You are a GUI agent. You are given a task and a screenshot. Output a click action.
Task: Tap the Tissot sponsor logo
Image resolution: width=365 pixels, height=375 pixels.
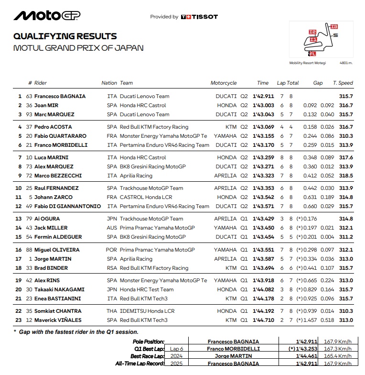tap(199, 17)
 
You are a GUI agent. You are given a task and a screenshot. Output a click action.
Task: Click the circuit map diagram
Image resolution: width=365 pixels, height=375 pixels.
tap(321, 39)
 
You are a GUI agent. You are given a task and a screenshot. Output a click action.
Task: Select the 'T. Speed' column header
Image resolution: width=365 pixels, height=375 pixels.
tap(343, 83)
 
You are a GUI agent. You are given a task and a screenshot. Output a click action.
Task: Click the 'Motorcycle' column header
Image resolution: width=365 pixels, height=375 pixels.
tap(224, 83)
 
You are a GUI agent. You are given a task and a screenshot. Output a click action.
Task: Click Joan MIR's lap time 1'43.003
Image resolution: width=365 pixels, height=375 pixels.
tap(264, 105)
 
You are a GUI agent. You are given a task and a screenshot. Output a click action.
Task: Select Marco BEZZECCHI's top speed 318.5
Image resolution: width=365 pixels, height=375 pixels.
tap(346, 176)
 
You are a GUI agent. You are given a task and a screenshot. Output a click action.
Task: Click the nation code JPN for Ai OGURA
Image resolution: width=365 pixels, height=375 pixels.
tap(112, 219)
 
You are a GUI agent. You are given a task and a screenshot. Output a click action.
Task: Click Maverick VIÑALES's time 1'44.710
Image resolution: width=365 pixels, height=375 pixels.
tap(264, 320)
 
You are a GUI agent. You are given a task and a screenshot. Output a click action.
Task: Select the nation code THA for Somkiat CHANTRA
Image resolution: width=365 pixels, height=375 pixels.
tap(112, 311)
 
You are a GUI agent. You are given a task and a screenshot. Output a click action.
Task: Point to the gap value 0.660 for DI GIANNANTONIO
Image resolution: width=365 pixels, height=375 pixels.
tap(310, 206)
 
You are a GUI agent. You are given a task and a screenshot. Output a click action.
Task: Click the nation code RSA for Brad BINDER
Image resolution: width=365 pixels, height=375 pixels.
tap(112, 268)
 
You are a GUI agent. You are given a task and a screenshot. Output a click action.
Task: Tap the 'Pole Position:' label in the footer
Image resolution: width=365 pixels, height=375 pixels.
tap(148, 342)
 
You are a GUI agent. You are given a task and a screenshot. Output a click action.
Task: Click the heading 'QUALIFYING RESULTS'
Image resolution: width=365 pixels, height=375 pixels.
tap(65, 36)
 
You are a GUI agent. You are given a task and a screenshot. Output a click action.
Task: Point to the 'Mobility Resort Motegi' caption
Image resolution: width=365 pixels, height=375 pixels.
tap(307, 63)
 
